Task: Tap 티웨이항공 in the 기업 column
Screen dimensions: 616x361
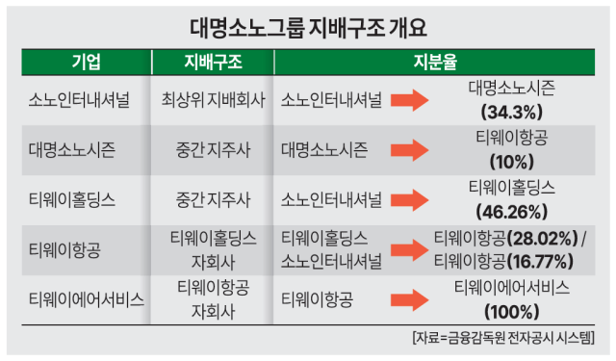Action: click(x=65, y=249)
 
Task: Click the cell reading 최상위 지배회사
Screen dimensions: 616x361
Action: click(x=213, y=99)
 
